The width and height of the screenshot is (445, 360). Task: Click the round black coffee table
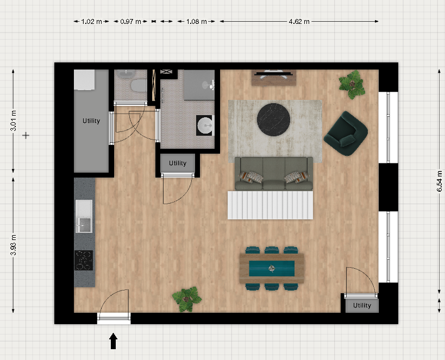[273, 119]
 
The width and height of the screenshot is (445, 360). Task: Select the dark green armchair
[346, 134]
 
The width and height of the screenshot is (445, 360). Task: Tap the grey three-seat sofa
[274, 173]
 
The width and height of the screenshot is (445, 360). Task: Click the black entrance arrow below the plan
[113, 341]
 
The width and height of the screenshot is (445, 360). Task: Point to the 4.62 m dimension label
[299, 22]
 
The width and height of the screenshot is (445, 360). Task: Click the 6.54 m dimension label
[440, 181]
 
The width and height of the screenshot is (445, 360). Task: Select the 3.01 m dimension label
[14, 121]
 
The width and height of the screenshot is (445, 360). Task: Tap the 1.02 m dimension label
[91, 22]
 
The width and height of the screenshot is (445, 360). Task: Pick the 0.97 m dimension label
[130, 22]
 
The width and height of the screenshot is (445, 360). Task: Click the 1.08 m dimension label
[196, 22]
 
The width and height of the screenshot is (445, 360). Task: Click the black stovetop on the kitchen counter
[84, 260]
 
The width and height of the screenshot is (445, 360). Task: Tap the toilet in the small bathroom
[138, 85]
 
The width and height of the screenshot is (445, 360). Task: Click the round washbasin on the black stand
[205, 125]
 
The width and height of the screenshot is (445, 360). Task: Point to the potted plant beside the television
[352, 85]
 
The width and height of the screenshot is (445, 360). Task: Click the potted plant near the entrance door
[187, 299]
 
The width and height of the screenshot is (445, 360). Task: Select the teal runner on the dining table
[272, 268]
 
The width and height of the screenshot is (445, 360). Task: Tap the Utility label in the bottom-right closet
[362, 305]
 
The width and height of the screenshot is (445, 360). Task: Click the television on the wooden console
[274, 73]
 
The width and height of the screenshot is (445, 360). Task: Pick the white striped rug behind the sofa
[270, 205]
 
